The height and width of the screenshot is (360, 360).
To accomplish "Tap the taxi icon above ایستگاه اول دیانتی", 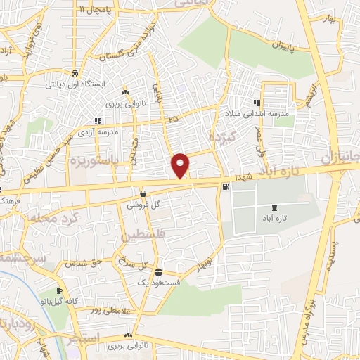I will [75, 72].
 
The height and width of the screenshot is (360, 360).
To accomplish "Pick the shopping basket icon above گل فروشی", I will [143, 193].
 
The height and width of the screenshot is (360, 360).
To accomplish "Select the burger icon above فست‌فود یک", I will [159, 271].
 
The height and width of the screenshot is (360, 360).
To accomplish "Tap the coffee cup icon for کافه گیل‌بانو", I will [59, 290].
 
